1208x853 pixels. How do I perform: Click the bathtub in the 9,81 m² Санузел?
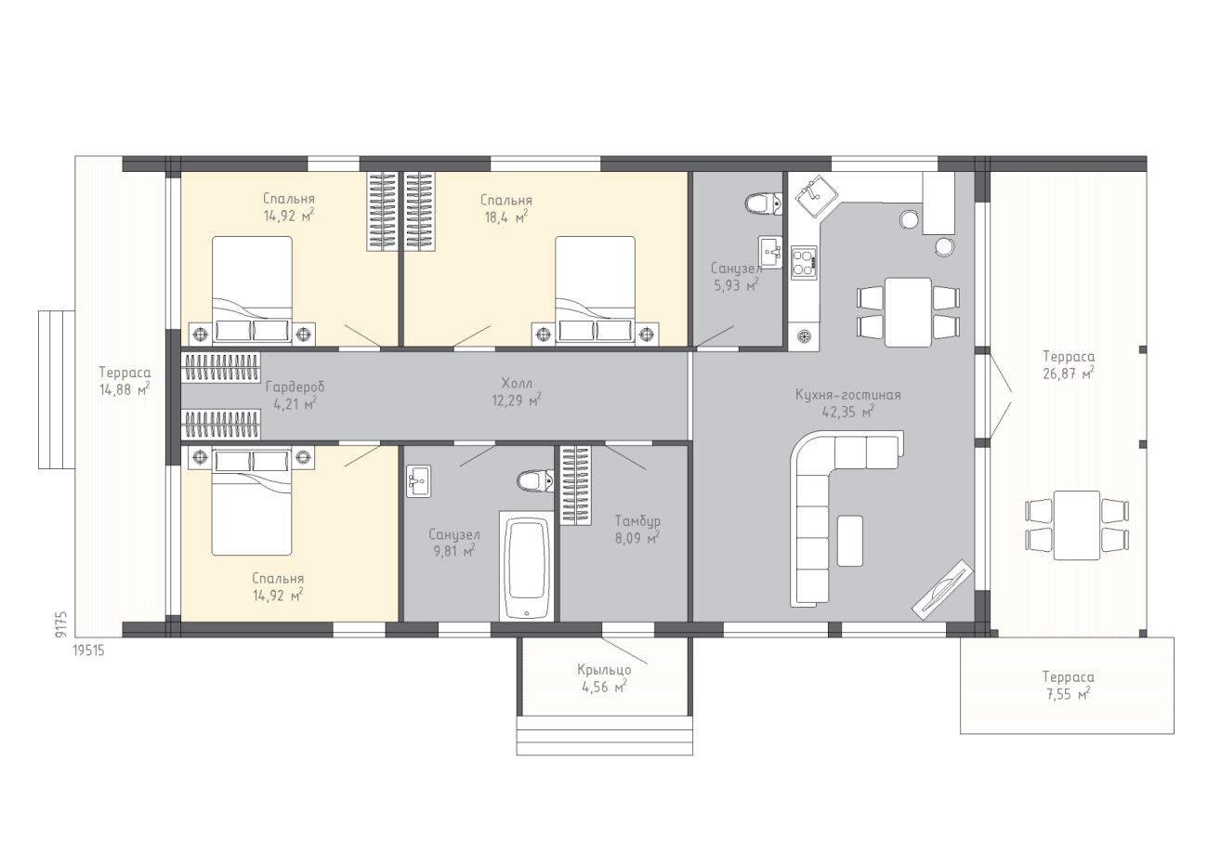point(526,566)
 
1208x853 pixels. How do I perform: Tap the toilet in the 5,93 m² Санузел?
point(764,203)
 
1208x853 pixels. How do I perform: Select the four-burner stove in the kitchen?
point(804,263)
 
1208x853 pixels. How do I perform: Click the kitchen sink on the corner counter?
point(817,196)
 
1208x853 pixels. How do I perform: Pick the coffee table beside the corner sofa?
point(849,541)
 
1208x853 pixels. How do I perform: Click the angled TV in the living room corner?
point(942,589)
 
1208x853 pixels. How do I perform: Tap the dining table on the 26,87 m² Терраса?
point(1076,525)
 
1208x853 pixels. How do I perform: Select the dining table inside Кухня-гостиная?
point(908,312)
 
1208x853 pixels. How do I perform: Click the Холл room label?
point(517,384)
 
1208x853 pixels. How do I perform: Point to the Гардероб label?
point(295,387)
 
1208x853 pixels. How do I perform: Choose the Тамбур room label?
point(637,521)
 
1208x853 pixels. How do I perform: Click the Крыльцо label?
point(604,670)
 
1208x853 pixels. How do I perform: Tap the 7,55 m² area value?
point(1068,694)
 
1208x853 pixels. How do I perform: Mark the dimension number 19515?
point(88,650)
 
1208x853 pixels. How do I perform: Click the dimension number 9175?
point(60,625)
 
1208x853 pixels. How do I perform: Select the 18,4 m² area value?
point(506,217)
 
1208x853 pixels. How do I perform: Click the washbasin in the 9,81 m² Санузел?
point(418,481)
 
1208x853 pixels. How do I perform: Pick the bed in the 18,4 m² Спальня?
point(595,290)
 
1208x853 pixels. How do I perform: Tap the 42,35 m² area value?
point(847,412)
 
